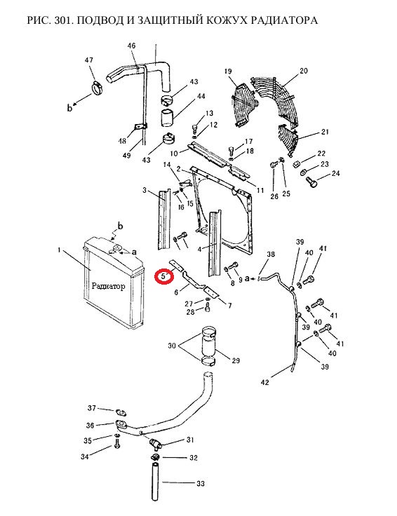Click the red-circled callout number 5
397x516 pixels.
click(x=163, y=276)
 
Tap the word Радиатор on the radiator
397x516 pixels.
click(x=108, y=286)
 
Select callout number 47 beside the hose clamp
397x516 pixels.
click(x=89, y=60)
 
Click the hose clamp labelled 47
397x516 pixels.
click(x=97, y=88)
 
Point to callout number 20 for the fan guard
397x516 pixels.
click(x=303, y=70)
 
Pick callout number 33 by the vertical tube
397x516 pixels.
click(x=201, y=484)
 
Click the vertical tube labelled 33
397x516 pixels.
click(x=156, y=482)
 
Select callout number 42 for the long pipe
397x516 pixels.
click(x=264, y=382)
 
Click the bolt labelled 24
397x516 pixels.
click(x=311, y=182)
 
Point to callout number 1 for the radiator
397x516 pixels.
click(x=59, y=250)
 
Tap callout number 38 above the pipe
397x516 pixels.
click(x=271, y=254)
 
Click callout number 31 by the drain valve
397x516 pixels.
click(x=190, y=440)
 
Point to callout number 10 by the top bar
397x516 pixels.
click(x=174, y=154)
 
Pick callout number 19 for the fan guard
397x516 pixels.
click(x=228, y=71)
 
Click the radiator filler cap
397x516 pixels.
click(x=116, y=248)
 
